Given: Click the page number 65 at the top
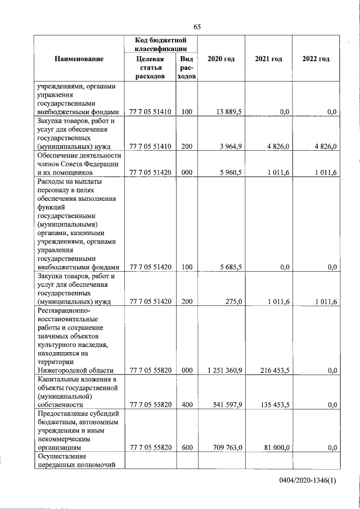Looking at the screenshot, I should click(197, 26).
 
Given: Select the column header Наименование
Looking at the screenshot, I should click(79, 58).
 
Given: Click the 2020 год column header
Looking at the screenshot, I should click(221, 58).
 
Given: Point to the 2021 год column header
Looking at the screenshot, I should click(268, 58).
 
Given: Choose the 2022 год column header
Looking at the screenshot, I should click(316, 58).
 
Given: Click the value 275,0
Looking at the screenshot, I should click(233, 301).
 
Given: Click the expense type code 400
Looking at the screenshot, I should click(187, 404).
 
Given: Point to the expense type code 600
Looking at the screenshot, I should click(187, 447).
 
